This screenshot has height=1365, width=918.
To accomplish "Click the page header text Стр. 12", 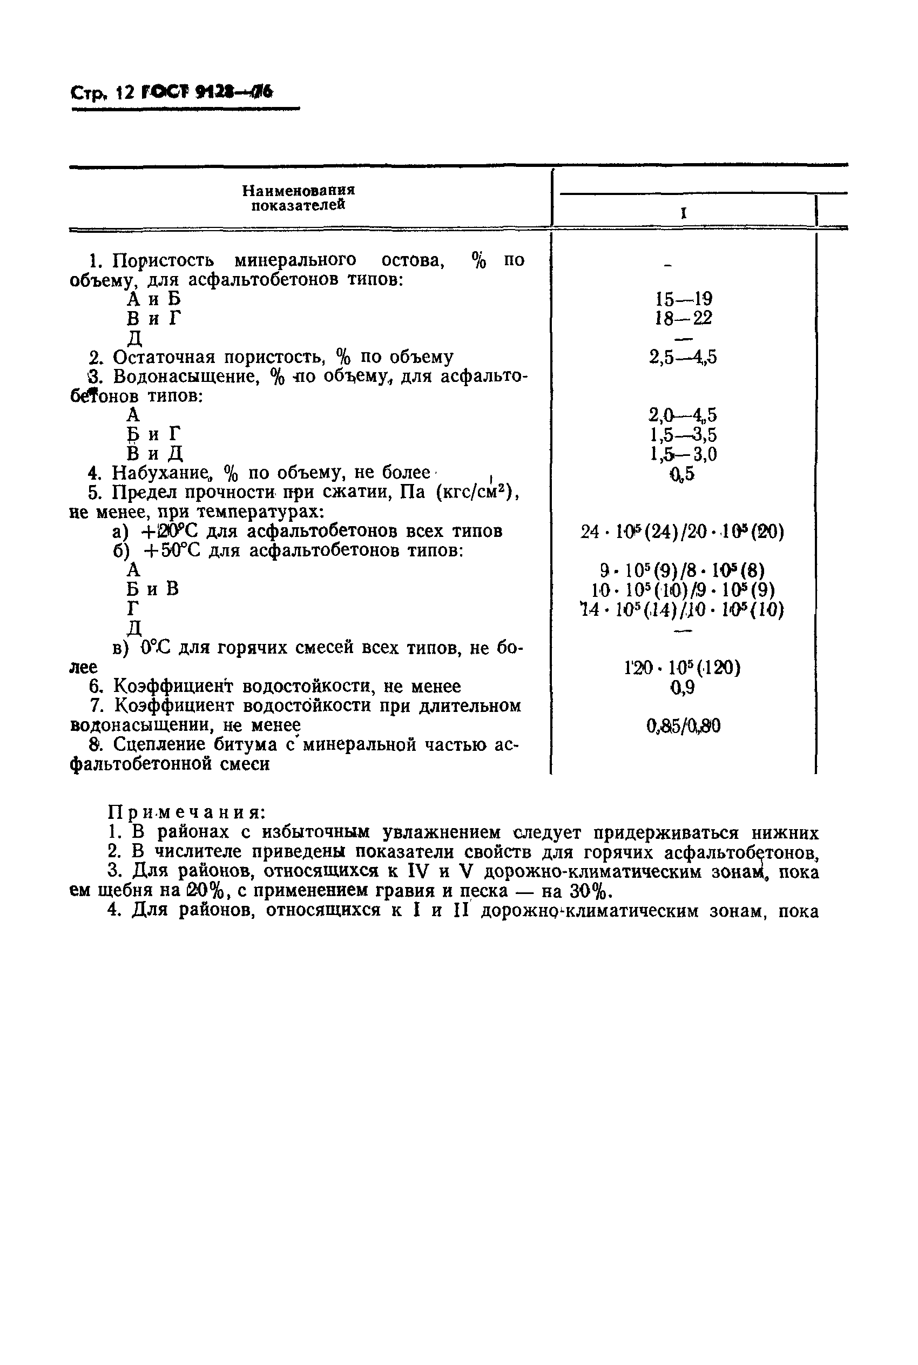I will [103, 93].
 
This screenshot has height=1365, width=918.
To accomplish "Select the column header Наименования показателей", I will [299, 198].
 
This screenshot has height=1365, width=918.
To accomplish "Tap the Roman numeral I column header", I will [683, 213].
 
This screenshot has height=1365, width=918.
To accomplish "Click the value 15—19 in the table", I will [683, 299].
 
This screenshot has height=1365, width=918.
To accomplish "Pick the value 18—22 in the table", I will [683, 319].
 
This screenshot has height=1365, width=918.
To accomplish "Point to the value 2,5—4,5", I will [683, 357].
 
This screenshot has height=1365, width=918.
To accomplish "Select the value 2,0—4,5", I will [683, 415].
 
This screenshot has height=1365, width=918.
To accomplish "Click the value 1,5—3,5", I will [683, 434].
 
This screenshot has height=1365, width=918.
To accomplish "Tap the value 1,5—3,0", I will [683, 454].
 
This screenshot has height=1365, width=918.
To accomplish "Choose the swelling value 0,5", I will [682, 473].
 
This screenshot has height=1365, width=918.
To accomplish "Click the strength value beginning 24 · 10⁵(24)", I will [682, 532].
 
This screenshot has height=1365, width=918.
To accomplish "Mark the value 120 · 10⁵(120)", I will [682, 668].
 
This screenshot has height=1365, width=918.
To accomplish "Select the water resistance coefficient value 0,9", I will [682, 687].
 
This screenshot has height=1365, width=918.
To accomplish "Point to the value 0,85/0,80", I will [683, 726].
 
